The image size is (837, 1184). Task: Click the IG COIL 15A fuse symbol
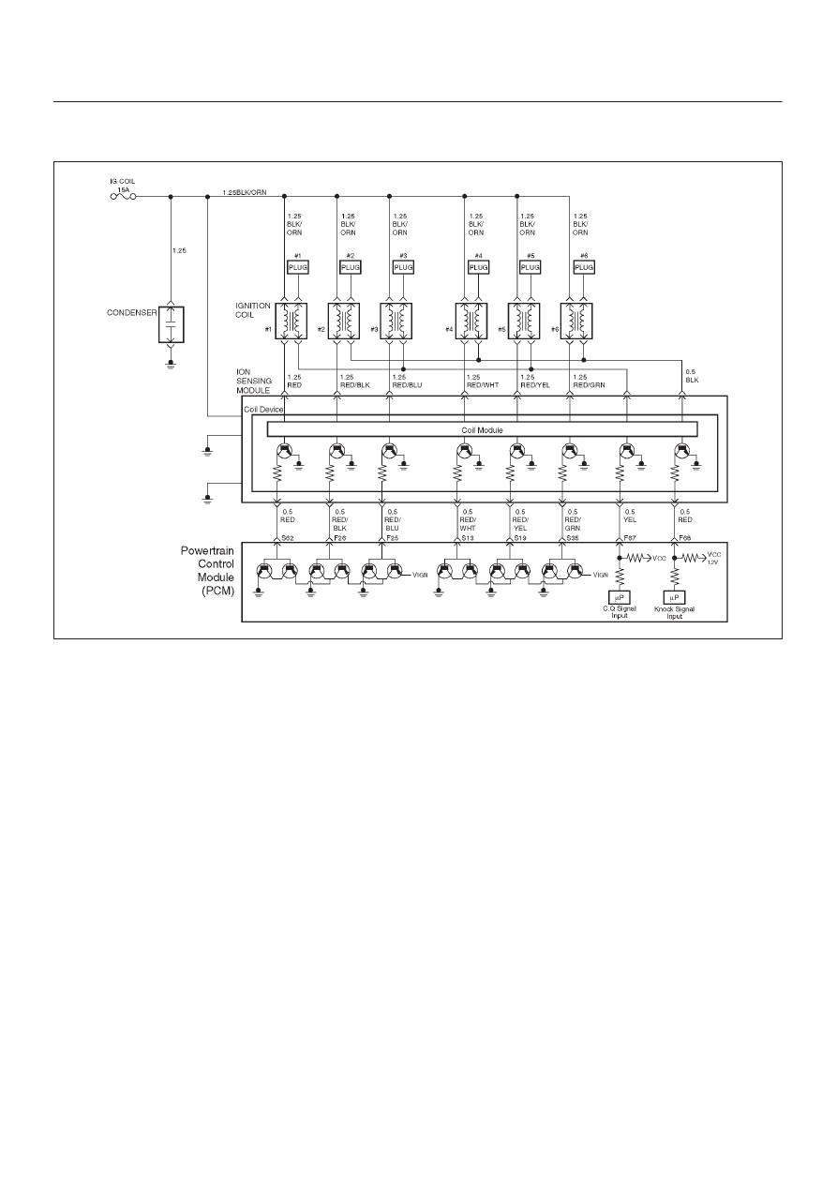tap(123, 197)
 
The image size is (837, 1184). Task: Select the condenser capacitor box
tap(171, 324)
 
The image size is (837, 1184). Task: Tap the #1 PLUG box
tap(298, 267)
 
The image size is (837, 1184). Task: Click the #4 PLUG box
tap(479, 267)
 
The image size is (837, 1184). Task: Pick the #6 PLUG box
tap(584, 267)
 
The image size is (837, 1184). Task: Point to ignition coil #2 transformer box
tap(344, 321)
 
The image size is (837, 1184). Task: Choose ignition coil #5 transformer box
tap(524, 321)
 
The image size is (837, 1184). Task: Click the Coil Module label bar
tap(482, 429)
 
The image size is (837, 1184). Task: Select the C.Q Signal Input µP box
tap(620, 597)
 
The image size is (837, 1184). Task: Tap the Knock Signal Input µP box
tap(674, 597)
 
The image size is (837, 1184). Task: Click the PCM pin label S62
tap(288, 538)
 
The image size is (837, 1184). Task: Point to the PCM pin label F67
tap(630, 538)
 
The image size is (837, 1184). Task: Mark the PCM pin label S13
tap(468, 538)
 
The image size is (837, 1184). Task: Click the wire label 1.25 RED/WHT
tap(483, 382)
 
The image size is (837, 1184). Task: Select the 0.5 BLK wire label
tap(693, 376)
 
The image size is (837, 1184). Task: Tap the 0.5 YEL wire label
tap(630, 516)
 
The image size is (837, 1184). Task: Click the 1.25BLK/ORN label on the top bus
tap(244, 192)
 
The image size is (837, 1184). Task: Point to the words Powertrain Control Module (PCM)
tap(208, 571)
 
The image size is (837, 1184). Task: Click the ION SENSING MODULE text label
tap(254, 382)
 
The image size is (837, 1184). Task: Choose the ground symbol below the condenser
tap(171, 364)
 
